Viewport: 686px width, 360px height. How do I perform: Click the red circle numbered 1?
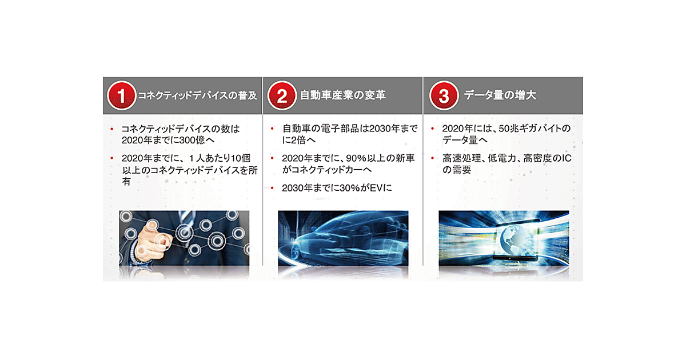pyautogui.click(x=122, y=95)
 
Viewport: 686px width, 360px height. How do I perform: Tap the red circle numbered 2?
pyautogui.click(x=282, y=95)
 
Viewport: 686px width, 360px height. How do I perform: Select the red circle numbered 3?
pyautogui.click(x=444, y=95)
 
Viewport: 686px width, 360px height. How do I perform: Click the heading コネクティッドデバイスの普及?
pyautogui.click(x=198, y=95)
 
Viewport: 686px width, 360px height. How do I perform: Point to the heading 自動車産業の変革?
pyautogui.click(x=342, y=95)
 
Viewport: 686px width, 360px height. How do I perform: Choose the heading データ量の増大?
pyautogui.click(x=500, y=95)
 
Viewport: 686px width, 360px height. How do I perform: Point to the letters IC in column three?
pyautogui.click(x=566, y=158)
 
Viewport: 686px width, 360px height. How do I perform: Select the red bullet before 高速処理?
pyautogui.click(x=432, y=158)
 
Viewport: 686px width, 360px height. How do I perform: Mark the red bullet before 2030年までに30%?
pyautogui.click(x=272, y=187)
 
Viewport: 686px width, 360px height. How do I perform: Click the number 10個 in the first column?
pyautogui.click(x=241, y=158)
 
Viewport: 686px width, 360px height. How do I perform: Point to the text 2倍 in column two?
pyautogui.click(x=298, y=140)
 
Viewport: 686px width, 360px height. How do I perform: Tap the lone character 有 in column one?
pyautogui.click(x=126, y=182)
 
